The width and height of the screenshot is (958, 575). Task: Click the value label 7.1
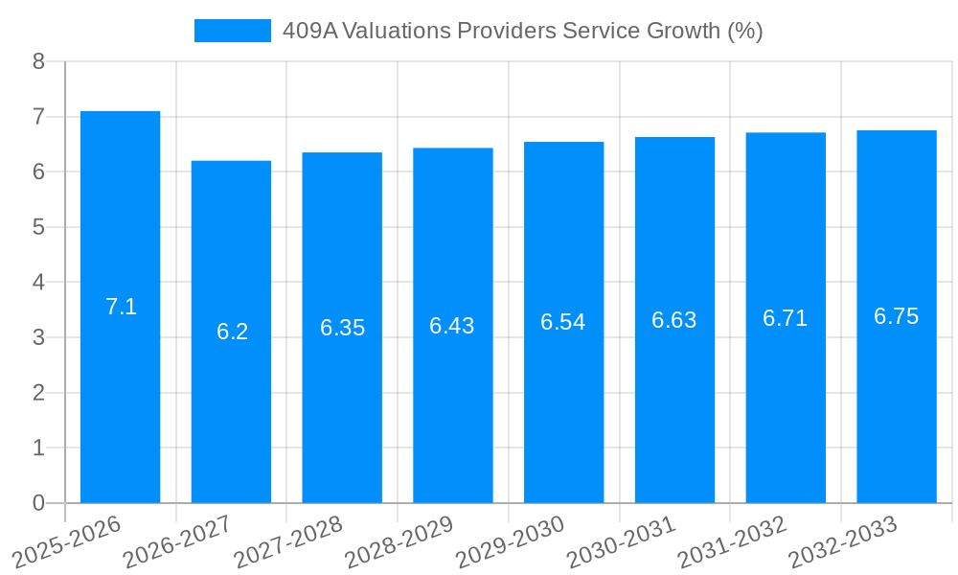121,307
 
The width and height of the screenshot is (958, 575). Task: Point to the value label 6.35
342,328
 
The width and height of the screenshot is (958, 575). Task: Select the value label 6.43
452,326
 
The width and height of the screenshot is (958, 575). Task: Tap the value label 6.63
673,320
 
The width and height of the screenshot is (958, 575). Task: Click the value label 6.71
785,318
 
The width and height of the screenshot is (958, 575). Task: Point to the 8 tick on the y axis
38,61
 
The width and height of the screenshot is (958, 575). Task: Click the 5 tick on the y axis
38,227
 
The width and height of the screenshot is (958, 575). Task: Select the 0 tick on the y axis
38,503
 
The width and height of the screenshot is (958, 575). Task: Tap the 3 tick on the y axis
38,337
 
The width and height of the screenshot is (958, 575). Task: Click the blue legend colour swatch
232,31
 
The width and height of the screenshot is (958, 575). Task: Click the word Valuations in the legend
396,31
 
